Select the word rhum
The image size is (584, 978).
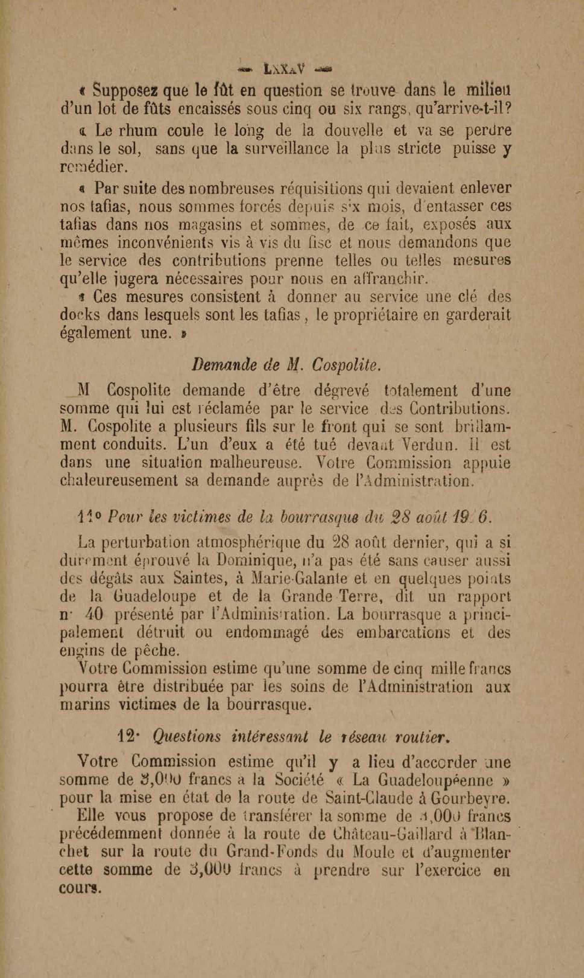141,131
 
